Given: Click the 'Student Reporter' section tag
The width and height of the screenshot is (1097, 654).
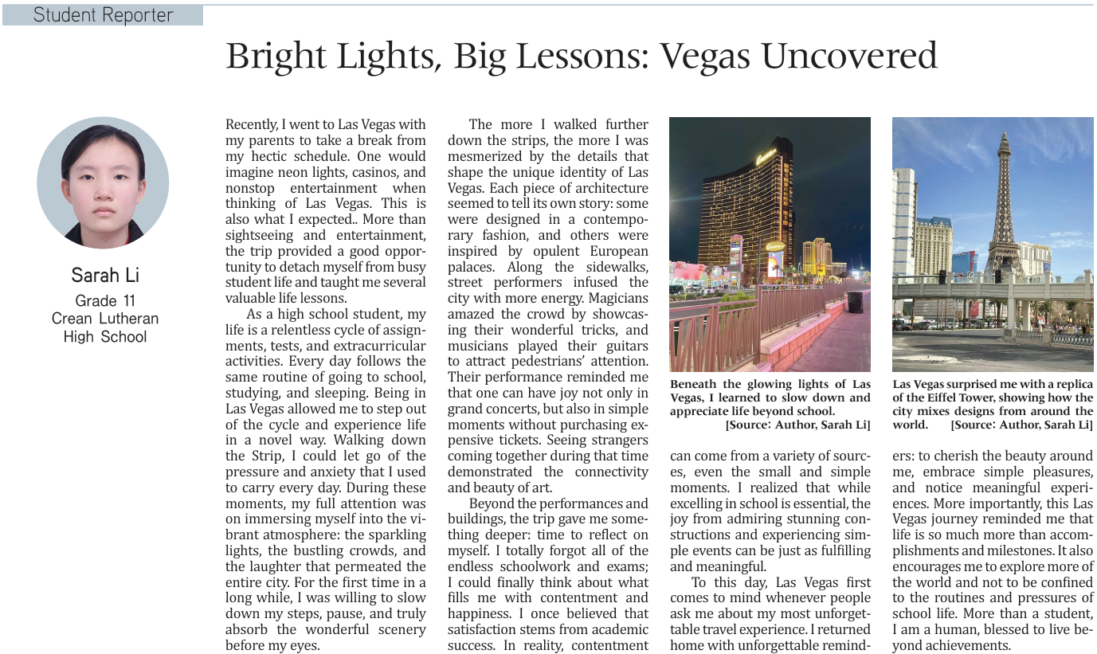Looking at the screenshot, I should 103,15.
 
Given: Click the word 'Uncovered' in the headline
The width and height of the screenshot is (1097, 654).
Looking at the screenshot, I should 849,57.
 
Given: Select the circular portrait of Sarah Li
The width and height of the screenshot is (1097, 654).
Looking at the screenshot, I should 103,182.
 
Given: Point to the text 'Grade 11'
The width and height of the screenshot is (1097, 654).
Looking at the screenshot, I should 105,300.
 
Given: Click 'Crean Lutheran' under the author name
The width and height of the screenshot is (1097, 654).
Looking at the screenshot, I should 105,319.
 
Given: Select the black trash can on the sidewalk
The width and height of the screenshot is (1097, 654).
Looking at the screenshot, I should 855,302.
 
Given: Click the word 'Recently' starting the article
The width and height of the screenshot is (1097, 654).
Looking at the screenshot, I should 252,125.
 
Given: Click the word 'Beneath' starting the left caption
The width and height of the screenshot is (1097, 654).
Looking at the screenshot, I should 694,385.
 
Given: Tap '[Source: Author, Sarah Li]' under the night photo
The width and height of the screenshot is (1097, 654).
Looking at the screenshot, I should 797,425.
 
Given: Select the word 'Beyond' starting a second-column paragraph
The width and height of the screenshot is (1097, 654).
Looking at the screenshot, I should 491,503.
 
